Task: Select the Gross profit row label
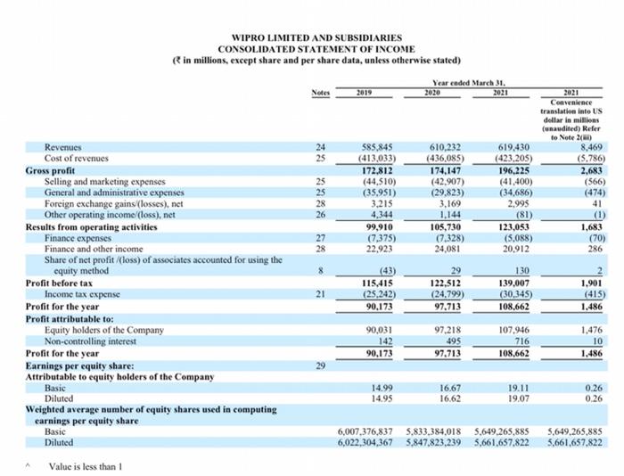pos(51,169)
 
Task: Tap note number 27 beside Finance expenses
pos(320,238)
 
